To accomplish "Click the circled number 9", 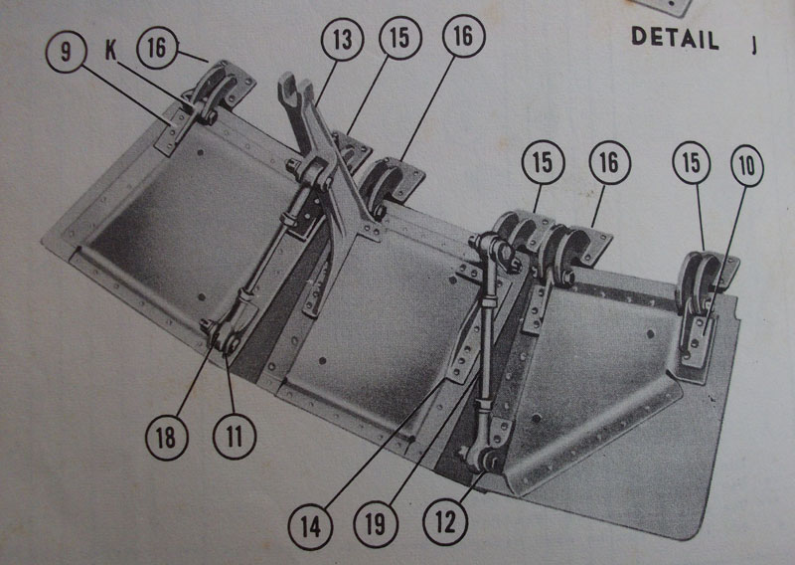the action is pos(67,52).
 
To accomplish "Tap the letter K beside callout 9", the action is pos(110,51).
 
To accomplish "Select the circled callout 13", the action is pos(342,39).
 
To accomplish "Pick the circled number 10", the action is pos(747,166).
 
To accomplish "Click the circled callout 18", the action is pos(166,438).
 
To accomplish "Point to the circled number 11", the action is pos(235,437).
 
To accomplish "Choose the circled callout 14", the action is pos(310,527).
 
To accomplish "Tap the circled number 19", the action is pos(376,525).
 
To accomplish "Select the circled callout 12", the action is pos(445,522).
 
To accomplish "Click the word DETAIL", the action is pos(675,38).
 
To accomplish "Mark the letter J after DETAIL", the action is pos(754,45).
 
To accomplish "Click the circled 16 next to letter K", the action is pos(158,48).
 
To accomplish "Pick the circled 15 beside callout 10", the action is pos(691,163).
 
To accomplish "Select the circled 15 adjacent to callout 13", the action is pos(400,38).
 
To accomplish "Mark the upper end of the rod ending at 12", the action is pos(493,249).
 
